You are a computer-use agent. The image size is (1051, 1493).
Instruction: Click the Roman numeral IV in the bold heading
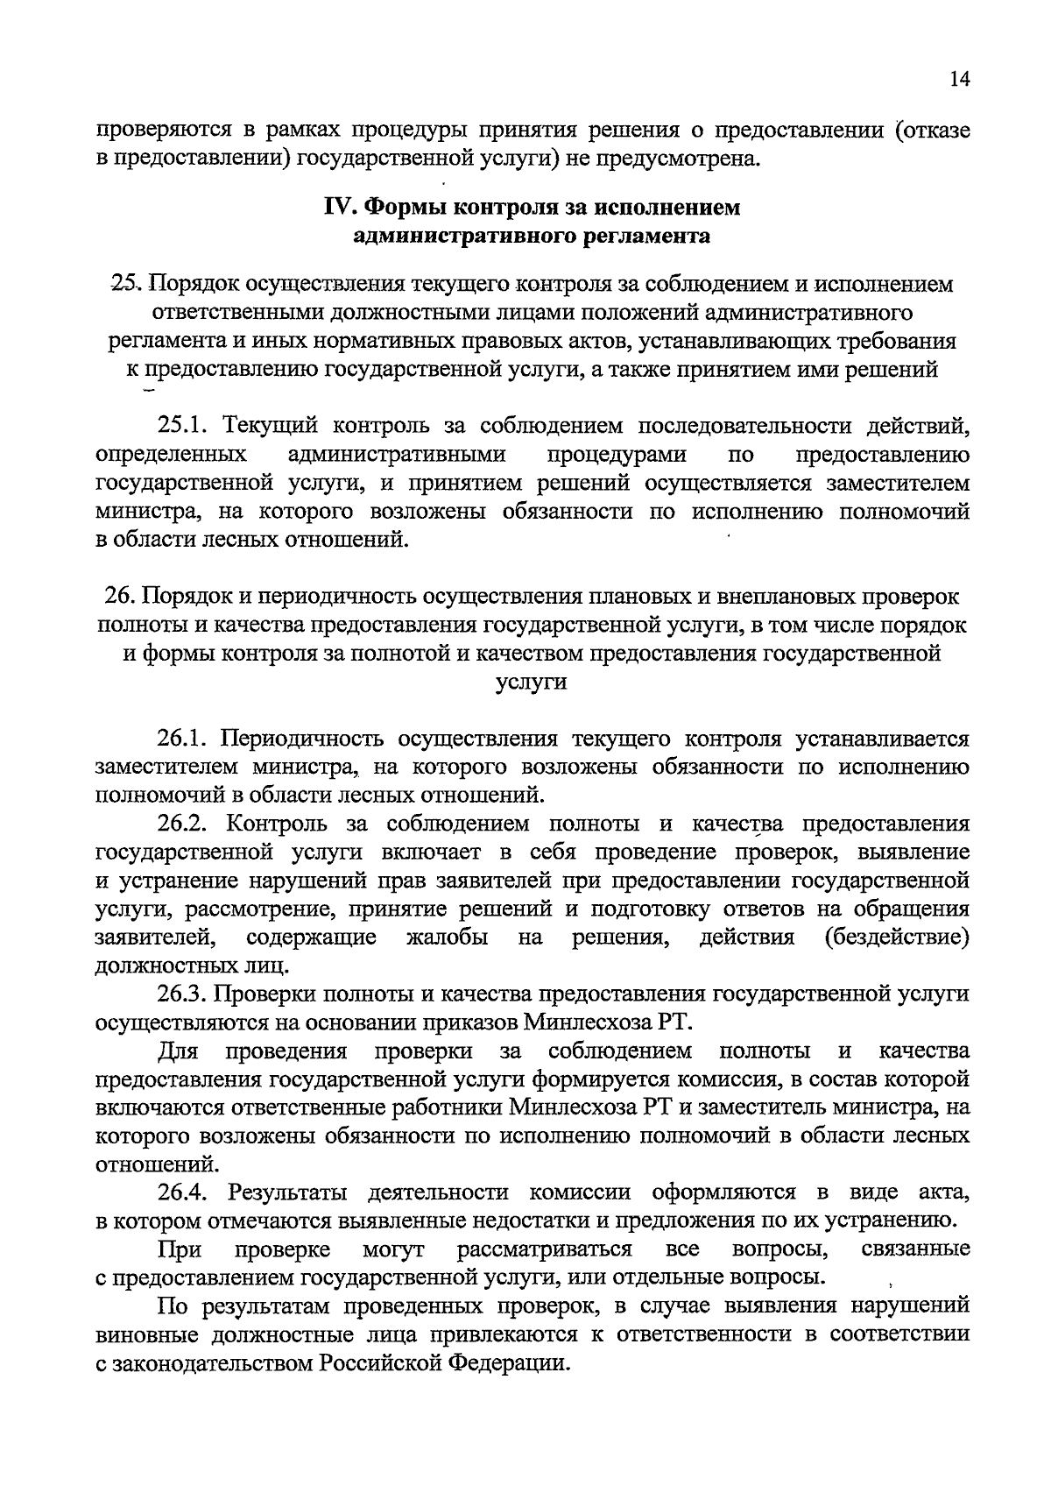click(x=339, y=208)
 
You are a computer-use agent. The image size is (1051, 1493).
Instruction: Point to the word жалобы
click(x=448, y=938)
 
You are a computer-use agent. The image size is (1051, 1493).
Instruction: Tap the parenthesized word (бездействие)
click(x=898, y=938)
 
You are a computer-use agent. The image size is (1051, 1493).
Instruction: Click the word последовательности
click(x=744, y=427)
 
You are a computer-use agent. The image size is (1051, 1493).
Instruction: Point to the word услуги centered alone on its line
click(x=532, y=683)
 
